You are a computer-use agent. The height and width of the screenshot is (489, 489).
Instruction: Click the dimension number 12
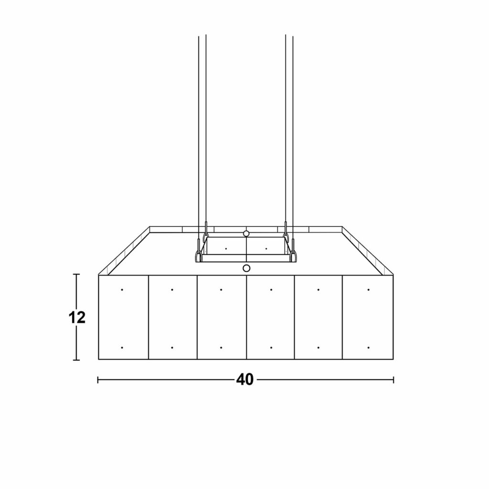tap(77, 318)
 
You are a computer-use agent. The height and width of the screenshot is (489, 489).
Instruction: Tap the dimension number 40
tap(245, 380)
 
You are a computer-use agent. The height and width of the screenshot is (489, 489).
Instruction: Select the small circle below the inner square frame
tap(246, 268)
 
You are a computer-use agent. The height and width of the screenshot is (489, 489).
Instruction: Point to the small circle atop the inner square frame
tap(246, 234)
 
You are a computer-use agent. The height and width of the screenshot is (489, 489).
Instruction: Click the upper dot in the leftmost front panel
tap(122, 290)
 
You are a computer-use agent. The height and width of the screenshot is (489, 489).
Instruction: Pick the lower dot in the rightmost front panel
tap(369, 348)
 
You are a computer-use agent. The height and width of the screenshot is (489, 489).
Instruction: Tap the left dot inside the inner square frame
tap(226, 248)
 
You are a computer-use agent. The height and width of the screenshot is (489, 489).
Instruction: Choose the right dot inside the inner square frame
tap(266, 248)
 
